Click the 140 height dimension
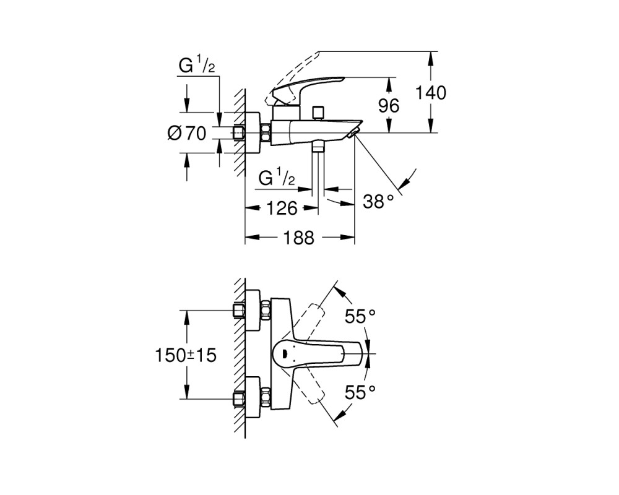point(431,93)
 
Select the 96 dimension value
point(389,106)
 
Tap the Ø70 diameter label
point(187,133)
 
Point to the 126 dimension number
point(282,208)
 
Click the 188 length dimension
point(299,238)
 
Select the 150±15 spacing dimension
point(186,355)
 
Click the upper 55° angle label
point(360,316)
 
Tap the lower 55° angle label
point(360,392)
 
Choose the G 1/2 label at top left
point(197,65)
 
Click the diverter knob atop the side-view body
point(318,113)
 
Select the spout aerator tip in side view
point(353,132)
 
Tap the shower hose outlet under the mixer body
point(318,147)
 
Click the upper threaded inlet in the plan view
point(238,311)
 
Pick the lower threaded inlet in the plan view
point(238,398)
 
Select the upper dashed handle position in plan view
point(310,318)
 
